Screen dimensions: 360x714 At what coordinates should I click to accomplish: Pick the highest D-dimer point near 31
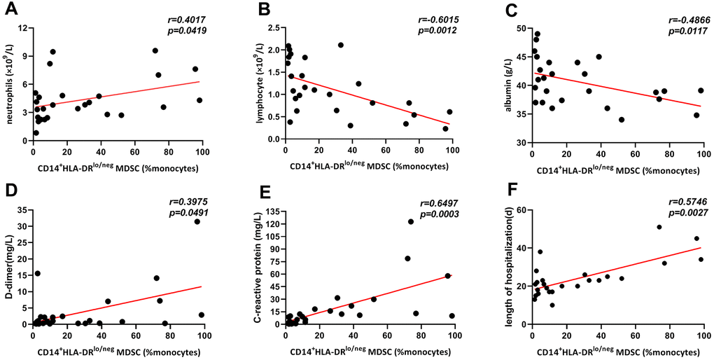(x=197, y=222)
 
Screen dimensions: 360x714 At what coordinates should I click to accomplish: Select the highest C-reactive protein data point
(x=411, y=222)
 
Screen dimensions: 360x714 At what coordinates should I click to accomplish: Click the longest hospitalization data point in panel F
(x=659, y=227)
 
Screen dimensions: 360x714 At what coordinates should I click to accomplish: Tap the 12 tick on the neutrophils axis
(x=23, y=28)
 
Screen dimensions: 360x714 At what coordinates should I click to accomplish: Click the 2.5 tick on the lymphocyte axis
(x=272, y=28)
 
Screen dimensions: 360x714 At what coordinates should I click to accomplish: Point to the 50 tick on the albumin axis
(x=520, y=28)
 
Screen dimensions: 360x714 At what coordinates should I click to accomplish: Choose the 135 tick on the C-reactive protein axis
(x=269, y=210)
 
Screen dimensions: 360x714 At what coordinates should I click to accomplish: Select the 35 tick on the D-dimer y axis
(x=22, y=210)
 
